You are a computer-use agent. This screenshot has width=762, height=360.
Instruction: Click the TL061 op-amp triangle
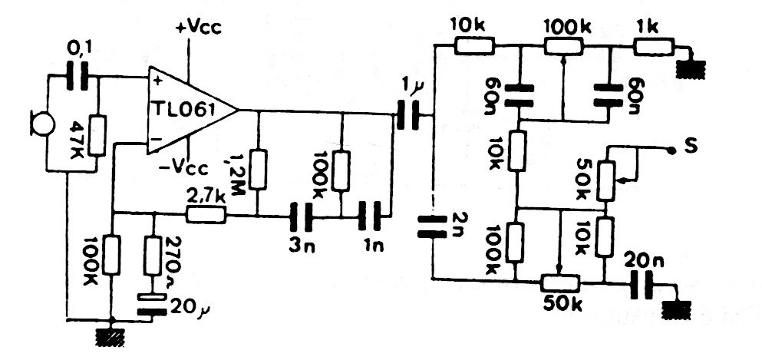pos(189,109)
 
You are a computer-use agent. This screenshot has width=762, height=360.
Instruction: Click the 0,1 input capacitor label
pos(78,51)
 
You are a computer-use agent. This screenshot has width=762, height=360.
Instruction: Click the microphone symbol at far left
pos(36,122)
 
